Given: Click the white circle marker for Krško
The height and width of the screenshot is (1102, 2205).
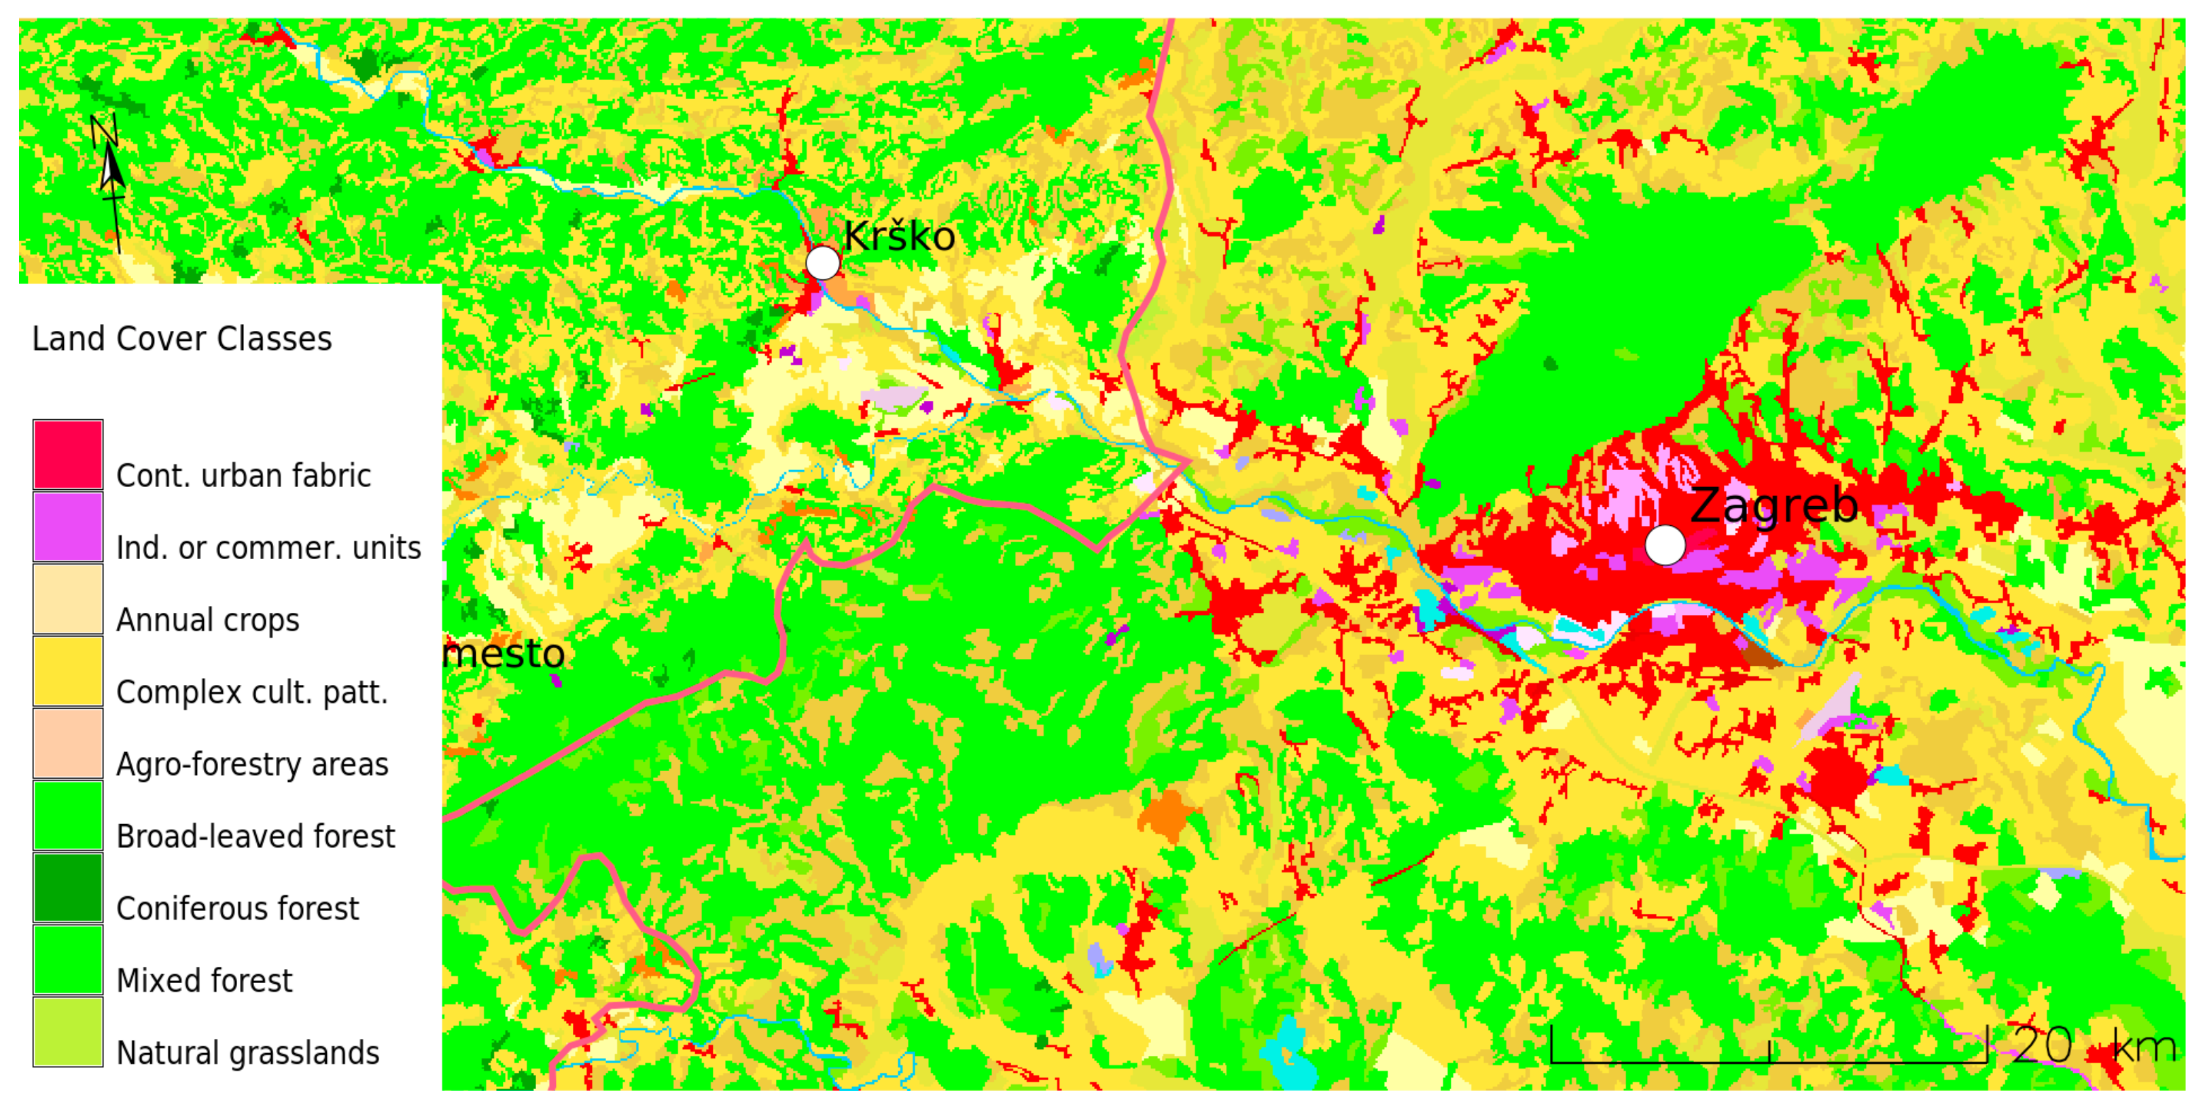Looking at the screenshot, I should click(x=823, y=263).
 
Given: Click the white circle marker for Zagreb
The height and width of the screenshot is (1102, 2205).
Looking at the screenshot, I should click(x=1665, y=545).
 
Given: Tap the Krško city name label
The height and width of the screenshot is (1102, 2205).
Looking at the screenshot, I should click(x=899, y=236).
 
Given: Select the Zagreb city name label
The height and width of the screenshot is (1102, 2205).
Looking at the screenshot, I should click(x=1774, y=505).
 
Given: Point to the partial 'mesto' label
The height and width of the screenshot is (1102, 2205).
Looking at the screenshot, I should click(x=504, y=654).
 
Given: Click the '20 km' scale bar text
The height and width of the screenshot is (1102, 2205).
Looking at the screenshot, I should click(x=2093, y=1045).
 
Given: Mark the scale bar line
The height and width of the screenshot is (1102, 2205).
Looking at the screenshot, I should click(x=1769, y=1061).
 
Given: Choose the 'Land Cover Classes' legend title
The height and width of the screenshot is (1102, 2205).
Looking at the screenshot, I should click(x=181, y=339).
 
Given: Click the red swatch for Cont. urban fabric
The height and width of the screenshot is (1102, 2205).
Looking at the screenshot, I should click(x=69, y=455).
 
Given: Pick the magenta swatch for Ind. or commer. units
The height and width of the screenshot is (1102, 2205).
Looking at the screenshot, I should click(x=69, y=526).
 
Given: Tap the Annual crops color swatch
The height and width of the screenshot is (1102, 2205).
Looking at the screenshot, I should click(x=69, y=599).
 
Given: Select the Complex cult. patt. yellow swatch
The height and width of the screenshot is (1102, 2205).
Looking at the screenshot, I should click(x=69, y=671).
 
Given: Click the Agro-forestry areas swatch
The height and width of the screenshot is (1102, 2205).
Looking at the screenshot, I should click(x=69, y=743).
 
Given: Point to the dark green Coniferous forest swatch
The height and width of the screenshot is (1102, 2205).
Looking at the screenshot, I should click(x=69, y=887).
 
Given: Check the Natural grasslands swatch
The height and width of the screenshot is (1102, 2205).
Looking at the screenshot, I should click(x=69, y=1032).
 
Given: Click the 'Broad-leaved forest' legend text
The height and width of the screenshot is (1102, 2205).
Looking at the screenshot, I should click(x=255, y=836).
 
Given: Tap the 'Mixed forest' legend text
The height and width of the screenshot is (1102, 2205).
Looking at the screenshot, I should click(x=204, y=980).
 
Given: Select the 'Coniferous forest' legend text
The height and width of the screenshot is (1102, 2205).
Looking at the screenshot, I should click(x=237, y=908).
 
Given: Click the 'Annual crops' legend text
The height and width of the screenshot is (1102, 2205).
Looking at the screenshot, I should click(x=207, y=620).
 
